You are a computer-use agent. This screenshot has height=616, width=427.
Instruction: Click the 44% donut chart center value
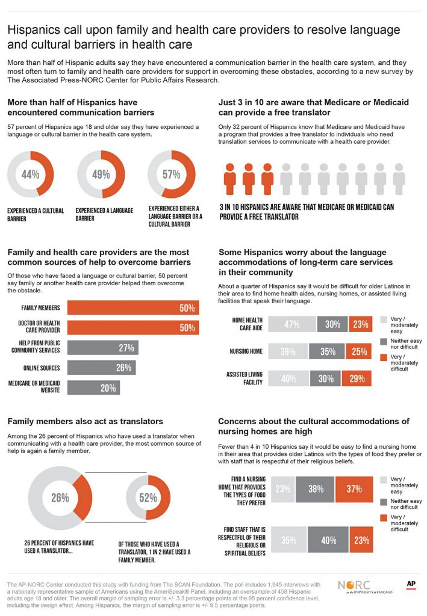click(x=31, y=175)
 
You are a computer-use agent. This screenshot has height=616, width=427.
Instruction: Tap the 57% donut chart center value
click(x=171, y=175)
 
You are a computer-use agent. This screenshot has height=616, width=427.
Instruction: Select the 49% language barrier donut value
click(x=101, y=175)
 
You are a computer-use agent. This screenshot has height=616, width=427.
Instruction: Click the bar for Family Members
click(x=132, y=308)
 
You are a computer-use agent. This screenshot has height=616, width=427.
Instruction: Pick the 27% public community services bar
click(x=103, y=348)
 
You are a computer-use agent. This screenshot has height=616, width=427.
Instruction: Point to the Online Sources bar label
click(x=42, y=368)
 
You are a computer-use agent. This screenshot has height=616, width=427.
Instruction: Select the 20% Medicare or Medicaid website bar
click(x=93, y=388)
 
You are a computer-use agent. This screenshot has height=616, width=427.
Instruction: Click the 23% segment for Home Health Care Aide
click(x=360, y=324)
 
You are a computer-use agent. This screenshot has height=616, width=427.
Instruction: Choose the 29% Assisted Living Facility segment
click(x=357, y=378)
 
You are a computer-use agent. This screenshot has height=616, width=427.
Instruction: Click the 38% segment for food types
click(x=316, y=490)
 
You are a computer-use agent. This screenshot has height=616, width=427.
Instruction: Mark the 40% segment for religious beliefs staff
click(x=328, y=540)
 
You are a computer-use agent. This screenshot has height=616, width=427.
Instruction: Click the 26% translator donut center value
click(x=60, y=497)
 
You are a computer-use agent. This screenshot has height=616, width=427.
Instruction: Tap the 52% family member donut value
click(x=148, y=497)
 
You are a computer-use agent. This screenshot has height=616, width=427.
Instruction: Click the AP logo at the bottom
click(x=411, y=584)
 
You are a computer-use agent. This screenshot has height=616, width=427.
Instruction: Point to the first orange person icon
click(x=230, y=179)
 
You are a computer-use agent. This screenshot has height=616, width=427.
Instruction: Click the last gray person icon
click(x=399, y=179)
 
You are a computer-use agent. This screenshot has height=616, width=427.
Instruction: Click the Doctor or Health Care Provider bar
click(x=132, y=328)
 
